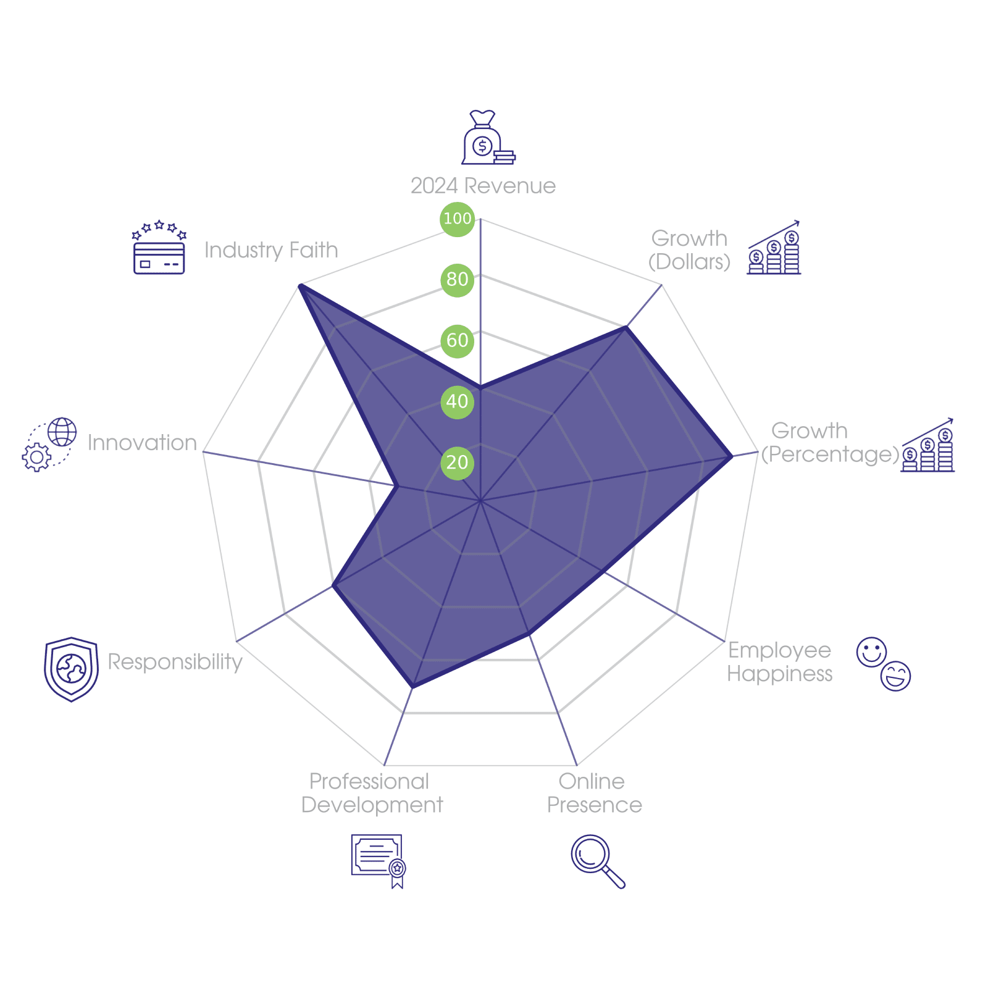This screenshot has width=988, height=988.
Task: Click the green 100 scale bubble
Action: pos(458,219)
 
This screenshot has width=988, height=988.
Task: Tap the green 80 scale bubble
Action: pos(458,280)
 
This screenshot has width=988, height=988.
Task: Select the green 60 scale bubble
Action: pos(458,340)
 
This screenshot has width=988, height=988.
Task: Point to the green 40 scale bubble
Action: pos(458,401)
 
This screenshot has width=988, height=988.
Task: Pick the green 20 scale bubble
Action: pos(458,463)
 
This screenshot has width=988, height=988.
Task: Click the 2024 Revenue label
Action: pos(483,186)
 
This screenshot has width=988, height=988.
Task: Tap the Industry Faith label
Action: pos(271,250)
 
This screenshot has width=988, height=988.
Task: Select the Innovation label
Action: pos(142,443)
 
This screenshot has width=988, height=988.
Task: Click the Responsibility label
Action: pos(175,662)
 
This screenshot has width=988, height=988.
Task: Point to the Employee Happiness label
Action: pos(779,661)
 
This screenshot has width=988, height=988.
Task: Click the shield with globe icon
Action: pos(72,669)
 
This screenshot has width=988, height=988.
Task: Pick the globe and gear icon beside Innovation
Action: pos(49,445)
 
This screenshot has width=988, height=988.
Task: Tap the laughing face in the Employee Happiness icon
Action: pos(895,676)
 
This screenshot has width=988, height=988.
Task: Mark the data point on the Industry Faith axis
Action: pos(299,285)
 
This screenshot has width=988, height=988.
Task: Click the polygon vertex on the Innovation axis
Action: pos(396,486)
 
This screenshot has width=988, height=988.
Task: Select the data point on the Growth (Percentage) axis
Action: pos(732,456)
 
